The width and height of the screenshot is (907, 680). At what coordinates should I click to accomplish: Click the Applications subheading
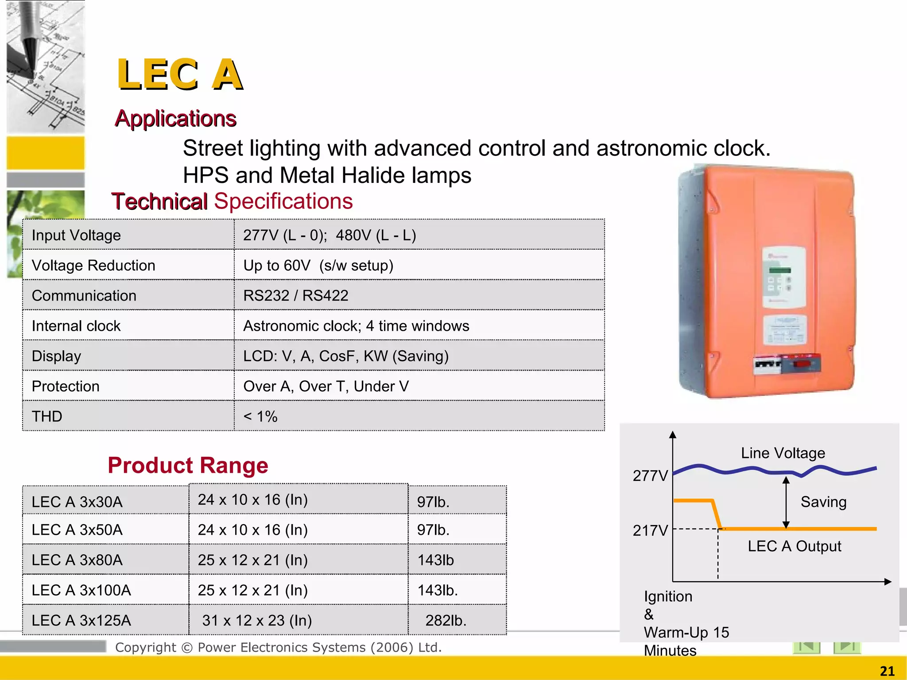click(175, 119)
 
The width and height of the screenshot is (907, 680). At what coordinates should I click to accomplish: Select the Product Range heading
click(188, 465)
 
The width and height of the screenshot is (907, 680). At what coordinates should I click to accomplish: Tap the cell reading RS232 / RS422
click(296, 295)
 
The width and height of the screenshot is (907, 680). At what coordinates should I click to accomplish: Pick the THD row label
click(47, 416)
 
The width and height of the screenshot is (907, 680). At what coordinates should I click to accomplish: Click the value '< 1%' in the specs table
click(260, 416)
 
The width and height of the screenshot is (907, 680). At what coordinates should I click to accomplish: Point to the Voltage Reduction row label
click(93, 265)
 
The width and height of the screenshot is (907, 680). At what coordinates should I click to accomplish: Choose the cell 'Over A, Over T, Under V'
click(326, 386)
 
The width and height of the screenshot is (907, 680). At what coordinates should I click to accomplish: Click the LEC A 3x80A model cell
click(77, 560)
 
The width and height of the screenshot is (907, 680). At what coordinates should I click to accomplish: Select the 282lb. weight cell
click(446, 620)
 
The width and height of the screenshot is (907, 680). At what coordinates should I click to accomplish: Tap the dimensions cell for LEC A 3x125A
click(257, 620)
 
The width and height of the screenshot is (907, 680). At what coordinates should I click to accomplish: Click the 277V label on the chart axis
click(650, 475)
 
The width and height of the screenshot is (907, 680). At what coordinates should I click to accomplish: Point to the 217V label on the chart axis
click(650, 530)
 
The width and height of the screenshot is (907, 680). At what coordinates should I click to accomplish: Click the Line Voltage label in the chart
click(783, 453)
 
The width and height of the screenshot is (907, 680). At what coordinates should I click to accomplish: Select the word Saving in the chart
click(823, 502)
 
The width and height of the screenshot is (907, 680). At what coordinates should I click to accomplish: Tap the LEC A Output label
click(795, 546)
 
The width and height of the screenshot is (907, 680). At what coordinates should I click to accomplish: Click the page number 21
click(887, 671)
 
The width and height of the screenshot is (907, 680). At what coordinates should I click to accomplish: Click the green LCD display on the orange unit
click(780, 270)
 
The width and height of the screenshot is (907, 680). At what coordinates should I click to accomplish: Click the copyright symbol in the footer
click(187, 648)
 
